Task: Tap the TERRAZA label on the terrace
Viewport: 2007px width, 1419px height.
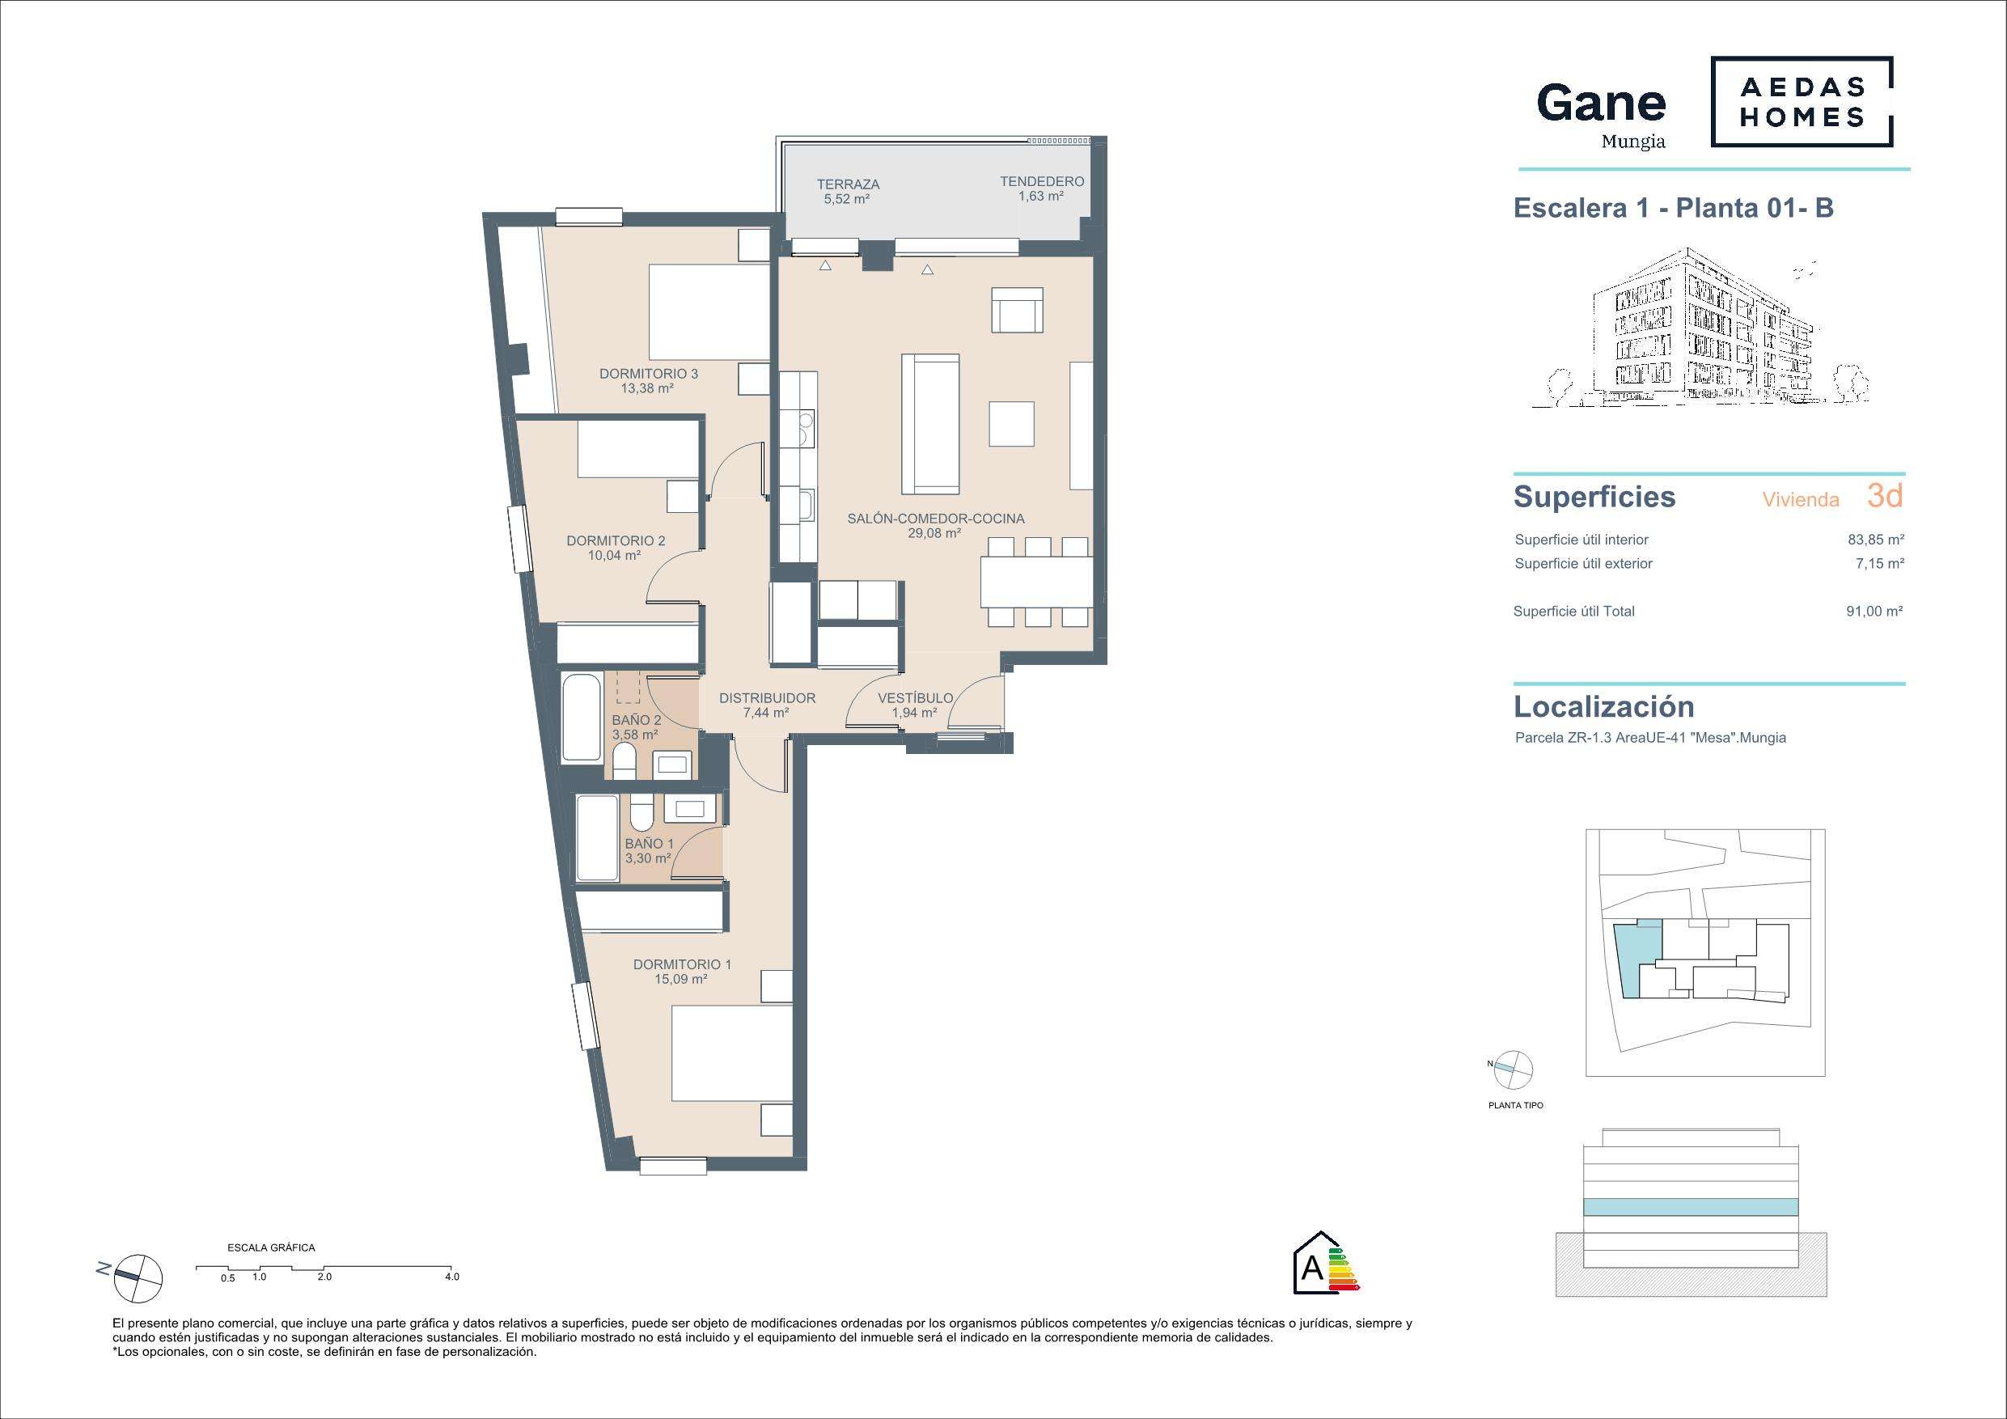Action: (x=848, y=184)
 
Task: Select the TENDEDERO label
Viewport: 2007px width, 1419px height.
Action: (x=1042, y=182)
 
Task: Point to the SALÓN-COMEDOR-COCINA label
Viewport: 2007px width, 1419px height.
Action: (x=935, y=519)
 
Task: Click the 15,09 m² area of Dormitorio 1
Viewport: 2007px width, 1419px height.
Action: (x=681, y=980)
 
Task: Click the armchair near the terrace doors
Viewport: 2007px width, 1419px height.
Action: (x=1017, y=310)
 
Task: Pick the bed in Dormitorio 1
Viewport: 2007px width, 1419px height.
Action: (x=731, y=1053)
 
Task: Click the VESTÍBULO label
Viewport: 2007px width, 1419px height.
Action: (x=915, y=698)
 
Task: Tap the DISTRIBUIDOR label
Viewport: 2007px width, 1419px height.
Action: (x=767, y=698)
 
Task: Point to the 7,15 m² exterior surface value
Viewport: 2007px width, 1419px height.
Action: (x=1880, y=564)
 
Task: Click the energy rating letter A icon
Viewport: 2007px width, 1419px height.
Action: (x=1312, y=1269)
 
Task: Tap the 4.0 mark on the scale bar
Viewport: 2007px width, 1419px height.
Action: (x=451, y=1277)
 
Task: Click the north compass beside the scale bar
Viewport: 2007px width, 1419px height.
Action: (x=138, y=1277)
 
